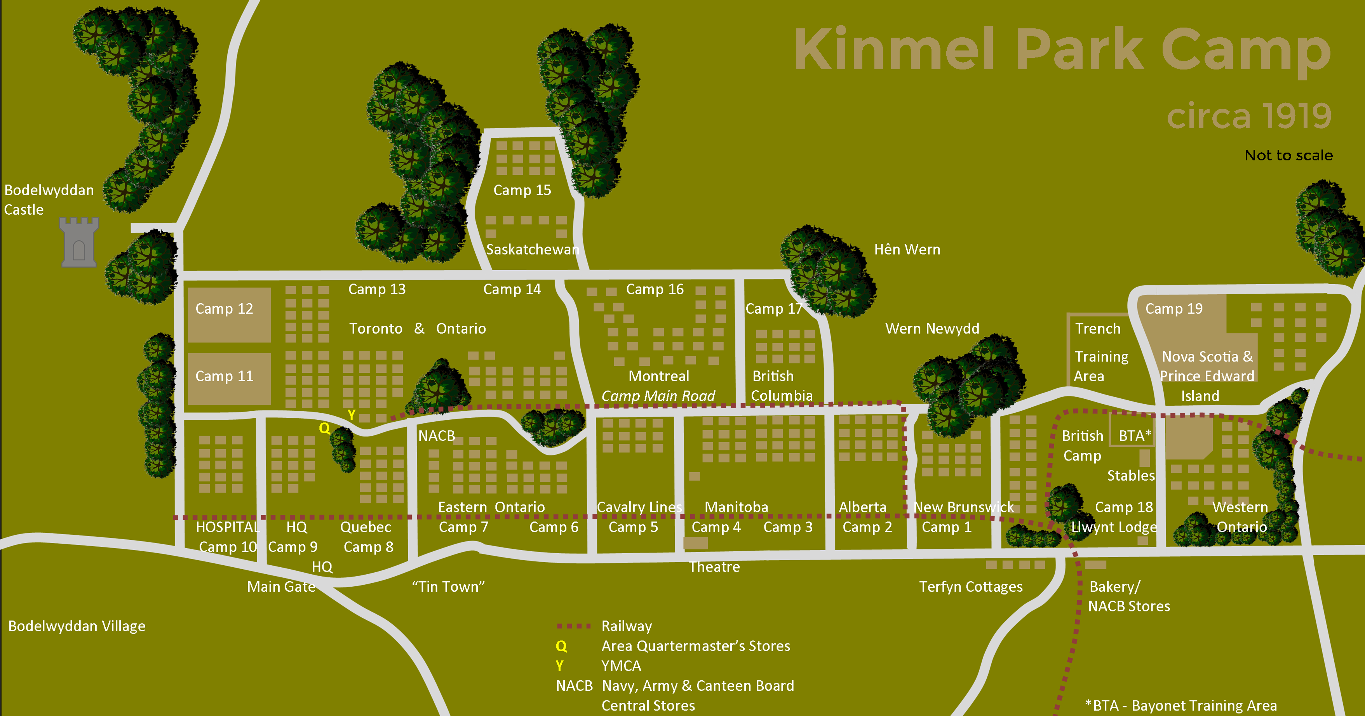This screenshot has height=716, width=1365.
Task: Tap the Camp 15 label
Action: (522, 190)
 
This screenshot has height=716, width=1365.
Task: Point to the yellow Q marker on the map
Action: (324, 428)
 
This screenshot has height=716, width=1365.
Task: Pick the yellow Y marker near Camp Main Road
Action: (351, 415)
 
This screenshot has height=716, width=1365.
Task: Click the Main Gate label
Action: (281, 587)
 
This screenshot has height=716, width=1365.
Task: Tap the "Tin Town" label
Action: (448, 587)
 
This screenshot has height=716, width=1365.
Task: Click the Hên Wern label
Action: (907, 249)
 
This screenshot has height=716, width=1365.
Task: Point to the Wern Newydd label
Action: (932, 329)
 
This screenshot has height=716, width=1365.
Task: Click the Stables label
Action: (1131, 476)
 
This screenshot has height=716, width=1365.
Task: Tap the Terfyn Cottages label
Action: (971, 587)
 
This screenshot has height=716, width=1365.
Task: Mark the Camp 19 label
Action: (1174, 309)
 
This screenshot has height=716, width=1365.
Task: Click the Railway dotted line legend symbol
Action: (573, 626)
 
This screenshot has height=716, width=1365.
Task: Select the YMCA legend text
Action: (621, 666)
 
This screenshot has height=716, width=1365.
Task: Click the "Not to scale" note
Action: (1288, 155)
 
